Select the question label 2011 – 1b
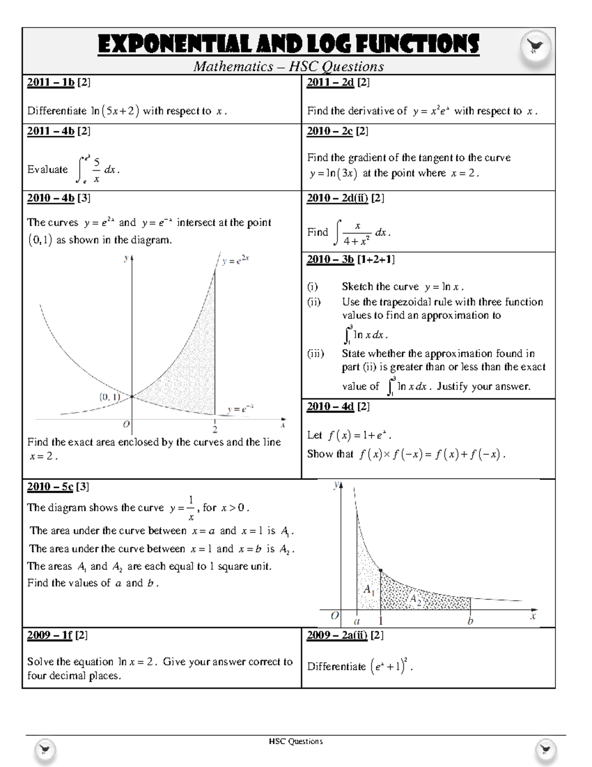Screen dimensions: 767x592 pyautogui.click(x=50, y=82)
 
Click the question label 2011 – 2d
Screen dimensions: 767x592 pyautogui.click(x=330, y=82)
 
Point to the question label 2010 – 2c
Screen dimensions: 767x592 pyautogui.click(x=330, y=131)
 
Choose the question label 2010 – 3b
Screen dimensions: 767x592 pyautogui.click(x=330, y=259)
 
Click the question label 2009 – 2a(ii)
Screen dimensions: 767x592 pyautogui.click(x=336, y=635)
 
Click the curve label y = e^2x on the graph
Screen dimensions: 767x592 pyautogui.click(x=235, y=260)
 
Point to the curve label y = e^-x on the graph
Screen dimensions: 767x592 pyautogui.click(x=240, y=409)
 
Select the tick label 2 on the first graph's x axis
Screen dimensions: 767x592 pyautogui.click(x=215, y=429)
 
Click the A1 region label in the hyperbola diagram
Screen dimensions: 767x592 pyautogui.click(x=369, y=590)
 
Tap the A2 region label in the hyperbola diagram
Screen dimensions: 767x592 pyautogui.click(x=415, y=600)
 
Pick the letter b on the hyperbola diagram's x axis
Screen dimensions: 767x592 pyautogui.click(x=470, y=621)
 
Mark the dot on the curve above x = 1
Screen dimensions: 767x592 pyautogui.click(x=380, y=570)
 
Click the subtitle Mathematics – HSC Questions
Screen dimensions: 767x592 pyautogui.click(x=289, y=66)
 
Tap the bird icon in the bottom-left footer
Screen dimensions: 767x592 pyautogui.click(x=45, y=751)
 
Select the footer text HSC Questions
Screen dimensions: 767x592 pyautogui.click(x=296, y=741)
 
